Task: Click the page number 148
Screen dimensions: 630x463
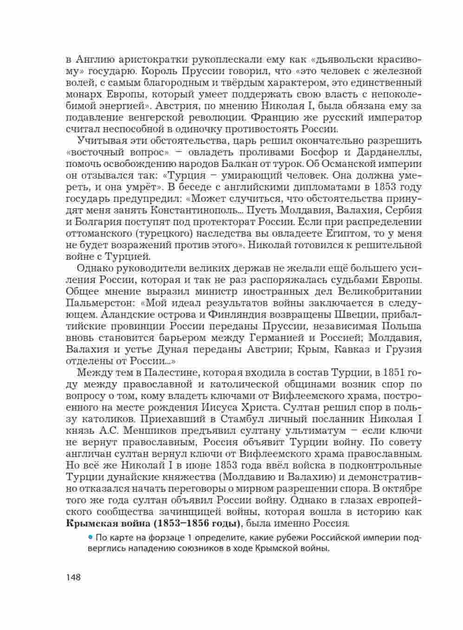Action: pyautogui.click(x=73, y=577)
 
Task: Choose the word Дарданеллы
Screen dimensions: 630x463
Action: pyautogui.click(x=388, y=152)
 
